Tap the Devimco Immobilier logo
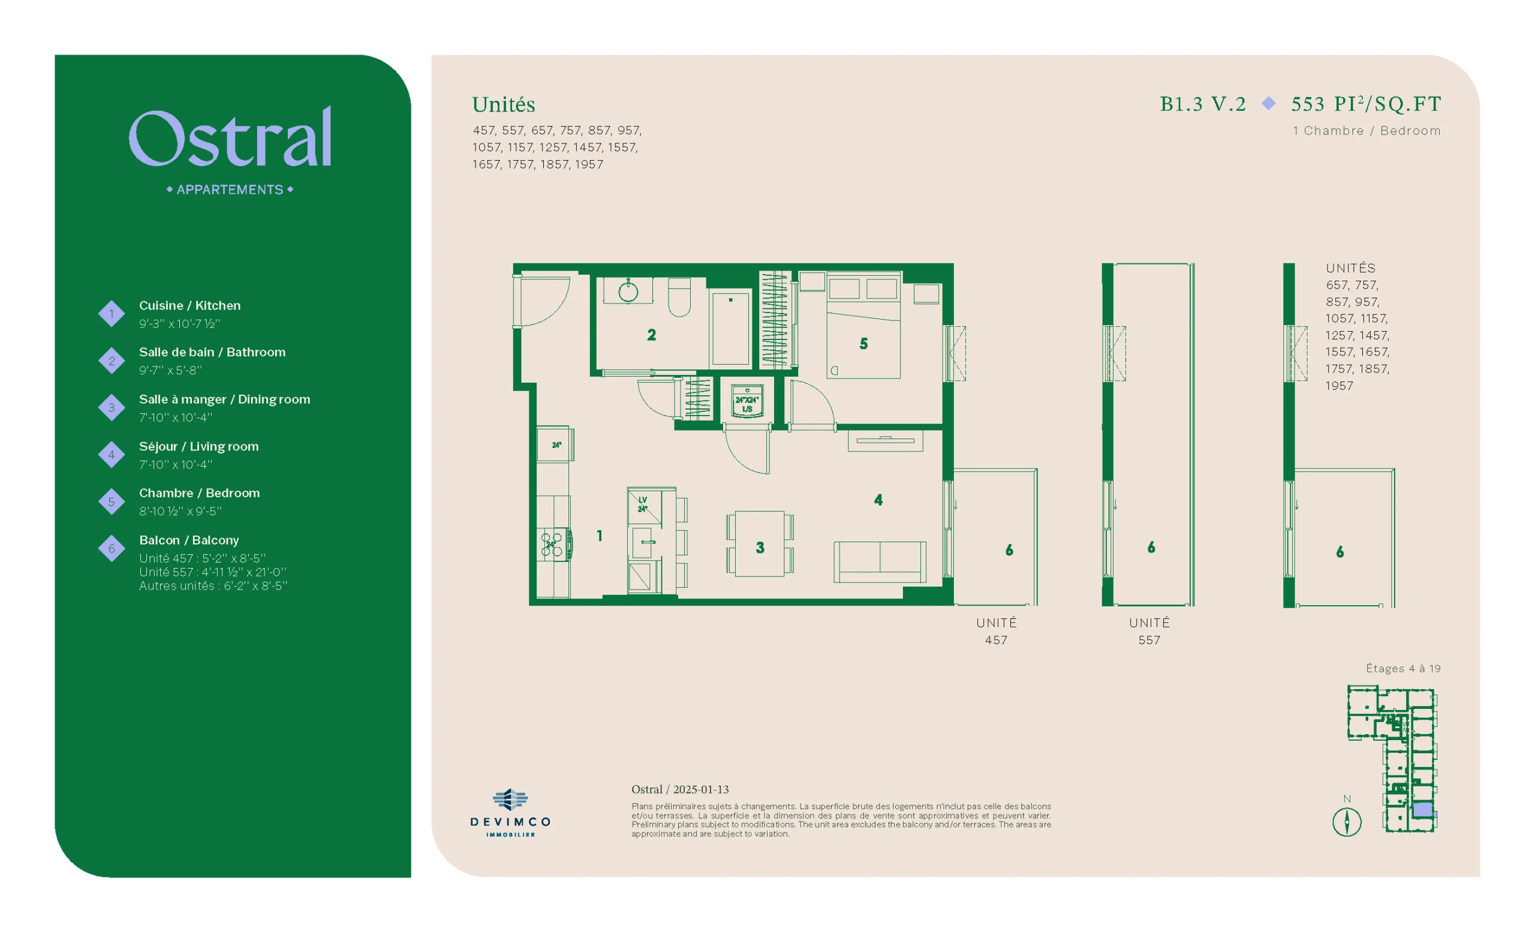(x=510, y=813)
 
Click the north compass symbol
(x=1346, y=821)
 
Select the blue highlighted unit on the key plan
(x=1423, y=810)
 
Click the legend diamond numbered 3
(x=112, y=407)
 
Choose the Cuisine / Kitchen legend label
(x=189, y=305)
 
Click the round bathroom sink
(x=628, y=291)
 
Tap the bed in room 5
(x=863, y=328)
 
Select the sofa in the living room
(x=880, y=562)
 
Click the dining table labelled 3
(x=759, y=544)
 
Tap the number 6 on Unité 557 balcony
(x=1151, y=547)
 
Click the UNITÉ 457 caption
(x=996, y=631)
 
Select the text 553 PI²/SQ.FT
(x=1366, y=103)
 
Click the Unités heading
(x=503, y=105)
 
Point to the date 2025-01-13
(x=701, y=789)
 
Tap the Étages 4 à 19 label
(x=1403, y=669)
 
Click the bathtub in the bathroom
(x=730, y=327)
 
